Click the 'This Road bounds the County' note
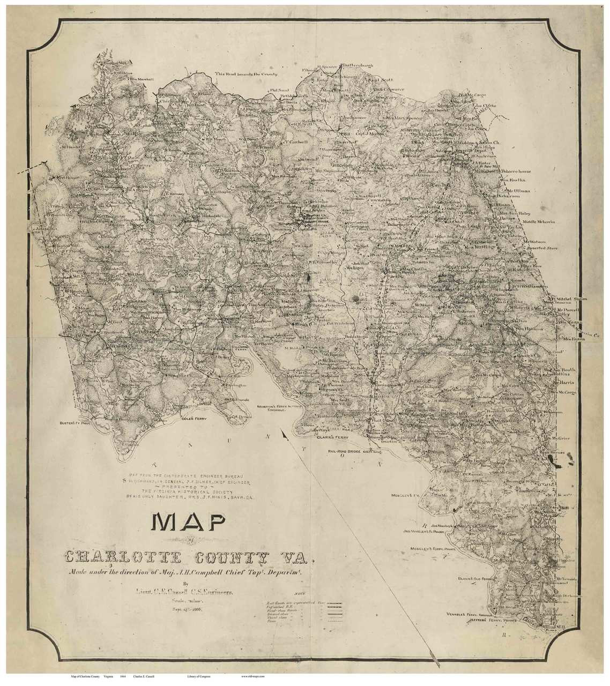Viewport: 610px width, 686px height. [x=242, y=73]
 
